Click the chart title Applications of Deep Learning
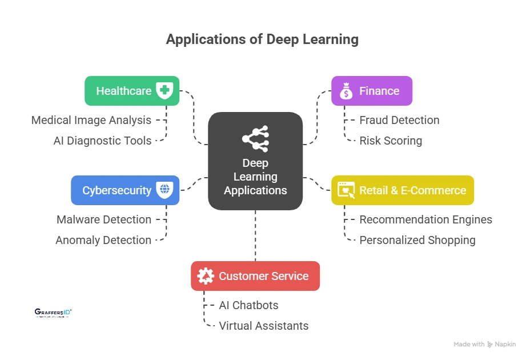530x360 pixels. click(x=262, y=39)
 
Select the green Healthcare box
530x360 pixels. click(x=132, y=91)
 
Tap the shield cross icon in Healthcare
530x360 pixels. click(x=165, y=91)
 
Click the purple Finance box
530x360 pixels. click(x=372, y=91)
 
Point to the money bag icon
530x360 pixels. click(x=346, y=91)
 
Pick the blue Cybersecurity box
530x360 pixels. click(x=125, y=190)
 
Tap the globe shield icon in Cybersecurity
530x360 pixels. click(x=165, y=190)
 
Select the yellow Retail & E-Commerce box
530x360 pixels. click(x=403, y=190)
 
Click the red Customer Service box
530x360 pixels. click(x=255, y=276)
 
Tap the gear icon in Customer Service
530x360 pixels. click(x=206, y=276)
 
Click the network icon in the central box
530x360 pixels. click(x=255, y=137)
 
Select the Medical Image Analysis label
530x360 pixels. click(x=91, y=120)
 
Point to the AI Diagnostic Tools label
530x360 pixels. click(x=103, y=141)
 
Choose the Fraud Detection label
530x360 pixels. click(x=399, y=120)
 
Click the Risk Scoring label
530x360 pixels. click(x=391, y=141)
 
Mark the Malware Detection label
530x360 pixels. click(x=104, y=219)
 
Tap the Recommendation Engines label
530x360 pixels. click(x=425, y=219)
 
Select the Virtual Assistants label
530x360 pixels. click(x=264, y=326)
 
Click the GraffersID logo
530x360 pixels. click(x=53, y=313)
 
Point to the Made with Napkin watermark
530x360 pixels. click(x=485, y=345)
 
